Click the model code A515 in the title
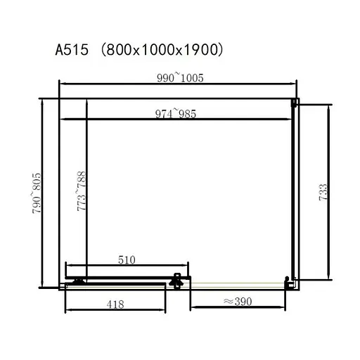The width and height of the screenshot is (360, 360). [x=73, y=50]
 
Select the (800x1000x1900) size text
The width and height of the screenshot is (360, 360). [x=162, y=50]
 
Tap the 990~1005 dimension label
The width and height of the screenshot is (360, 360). [x=181, y=77]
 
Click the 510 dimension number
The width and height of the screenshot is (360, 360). [x=126, y=259]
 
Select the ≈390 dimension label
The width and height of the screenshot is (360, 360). [x=238, y=302]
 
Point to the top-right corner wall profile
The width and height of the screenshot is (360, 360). [x=295, y=103]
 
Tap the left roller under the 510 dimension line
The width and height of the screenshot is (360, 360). [x=77, y=282]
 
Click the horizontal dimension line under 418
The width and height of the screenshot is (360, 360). [x=116, y=310]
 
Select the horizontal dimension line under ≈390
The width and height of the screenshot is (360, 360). [x=238, y=309]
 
